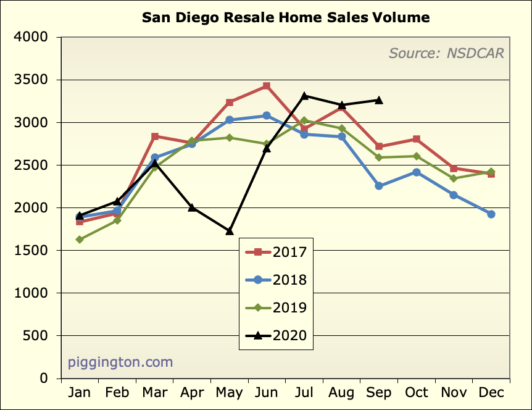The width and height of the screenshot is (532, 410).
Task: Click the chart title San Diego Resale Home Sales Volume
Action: click(286, 17)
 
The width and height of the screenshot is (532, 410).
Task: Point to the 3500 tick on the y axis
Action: click(31, 80)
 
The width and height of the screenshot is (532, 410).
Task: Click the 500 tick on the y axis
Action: click(35, 336)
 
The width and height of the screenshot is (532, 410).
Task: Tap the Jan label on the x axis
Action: click(79, 393)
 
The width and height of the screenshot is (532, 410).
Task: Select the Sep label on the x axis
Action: click(378, 393)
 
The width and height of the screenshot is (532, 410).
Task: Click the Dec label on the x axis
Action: click(491, 393)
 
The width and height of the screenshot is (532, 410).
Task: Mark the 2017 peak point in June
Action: click(266, 86)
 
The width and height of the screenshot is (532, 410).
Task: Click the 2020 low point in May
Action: click(229, 231)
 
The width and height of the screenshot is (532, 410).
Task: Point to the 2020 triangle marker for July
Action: click(304, 96)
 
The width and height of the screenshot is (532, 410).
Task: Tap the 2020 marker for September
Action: click(379, 100)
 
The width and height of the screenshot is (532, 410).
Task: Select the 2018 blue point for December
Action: click(491, 214)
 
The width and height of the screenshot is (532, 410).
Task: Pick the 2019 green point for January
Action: click(80, 240)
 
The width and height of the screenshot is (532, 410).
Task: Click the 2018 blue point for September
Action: click(379, 186)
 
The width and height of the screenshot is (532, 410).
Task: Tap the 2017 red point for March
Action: click(154, 136)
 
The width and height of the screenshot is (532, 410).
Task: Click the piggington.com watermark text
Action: click(120, 362)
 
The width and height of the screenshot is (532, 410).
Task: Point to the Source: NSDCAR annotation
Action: click(446, 53)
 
